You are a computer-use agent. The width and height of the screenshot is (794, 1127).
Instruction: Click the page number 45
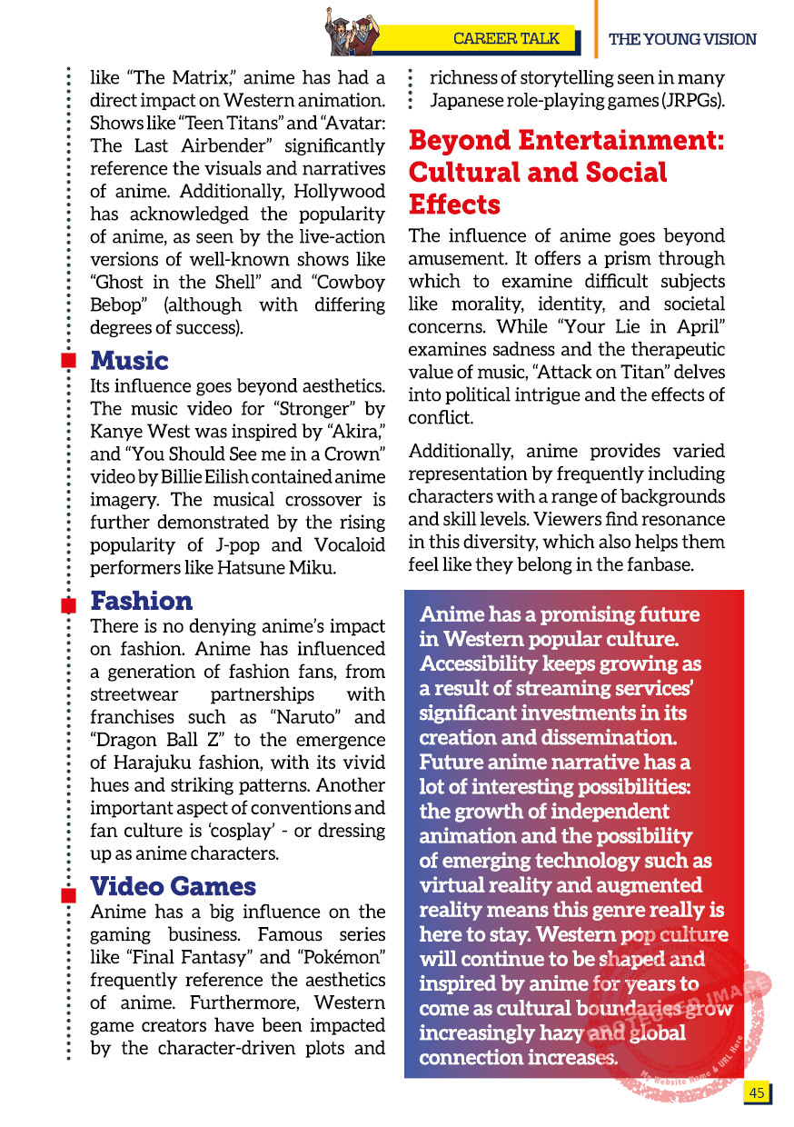tap(756, 1092)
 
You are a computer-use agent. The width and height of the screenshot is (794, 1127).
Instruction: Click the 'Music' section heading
tap(129, 360)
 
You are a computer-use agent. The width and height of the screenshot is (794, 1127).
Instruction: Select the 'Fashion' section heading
tap(142, 601)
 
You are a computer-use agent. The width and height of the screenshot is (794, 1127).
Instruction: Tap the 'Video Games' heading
tap(173, 886)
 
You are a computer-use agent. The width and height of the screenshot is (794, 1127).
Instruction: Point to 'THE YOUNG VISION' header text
tap(682, 39)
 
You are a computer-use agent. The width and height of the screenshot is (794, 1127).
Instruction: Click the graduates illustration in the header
tap(351, 31)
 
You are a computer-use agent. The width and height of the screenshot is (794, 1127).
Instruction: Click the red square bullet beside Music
tap(68, 362)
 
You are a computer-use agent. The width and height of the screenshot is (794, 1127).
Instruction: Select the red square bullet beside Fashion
tap(68, 606)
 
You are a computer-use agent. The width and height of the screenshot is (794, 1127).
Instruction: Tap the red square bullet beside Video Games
tap(68, 896)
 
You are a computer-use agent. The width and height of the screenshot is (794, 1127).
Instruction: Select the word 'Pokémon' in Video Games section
tap(341, 957)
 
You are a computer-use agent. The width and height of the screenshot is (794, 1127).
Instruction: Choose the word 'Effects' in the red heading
tap(454, 204)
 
